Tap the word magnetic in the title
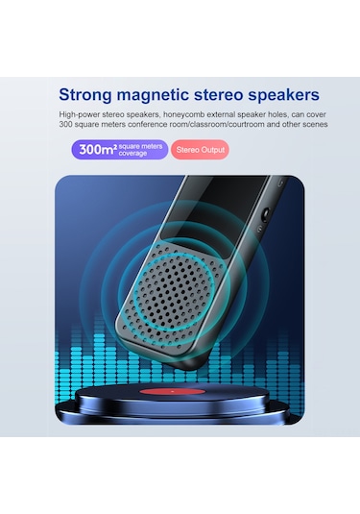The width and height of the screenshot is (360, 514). (x=164, y=94)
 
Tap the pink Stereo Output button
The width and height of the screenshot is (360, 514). (x=200, y=150)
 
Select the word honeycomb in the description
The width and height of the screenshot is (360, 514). (x=190, y=113)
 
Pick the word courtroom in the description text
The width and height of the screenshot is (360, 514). (x=243, y=124)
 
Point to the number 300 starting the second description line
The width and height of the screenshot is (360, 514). (x=66, y=124)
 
